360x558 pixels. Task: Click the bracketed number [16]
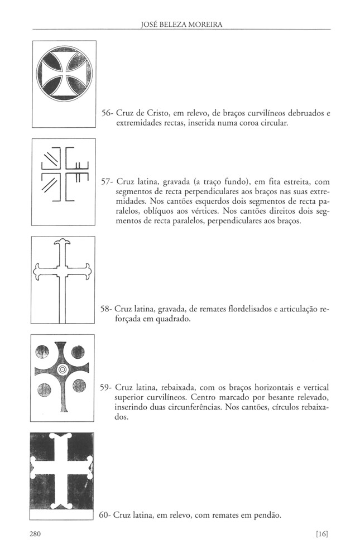[321, 533]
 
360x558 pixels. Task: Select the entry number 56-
[108, 113]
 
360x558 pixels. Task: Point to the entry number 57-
[108, 182]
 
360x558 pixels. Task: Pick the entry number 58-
[108, 309]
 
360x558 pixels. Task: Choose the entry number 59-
[108, 387]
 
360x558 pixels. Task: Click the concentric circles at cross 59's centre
[62, 369]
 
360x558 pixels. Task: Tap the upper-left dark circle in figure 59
[43, 352]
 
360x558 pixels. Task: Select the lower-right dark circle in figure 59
[79, 386]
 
